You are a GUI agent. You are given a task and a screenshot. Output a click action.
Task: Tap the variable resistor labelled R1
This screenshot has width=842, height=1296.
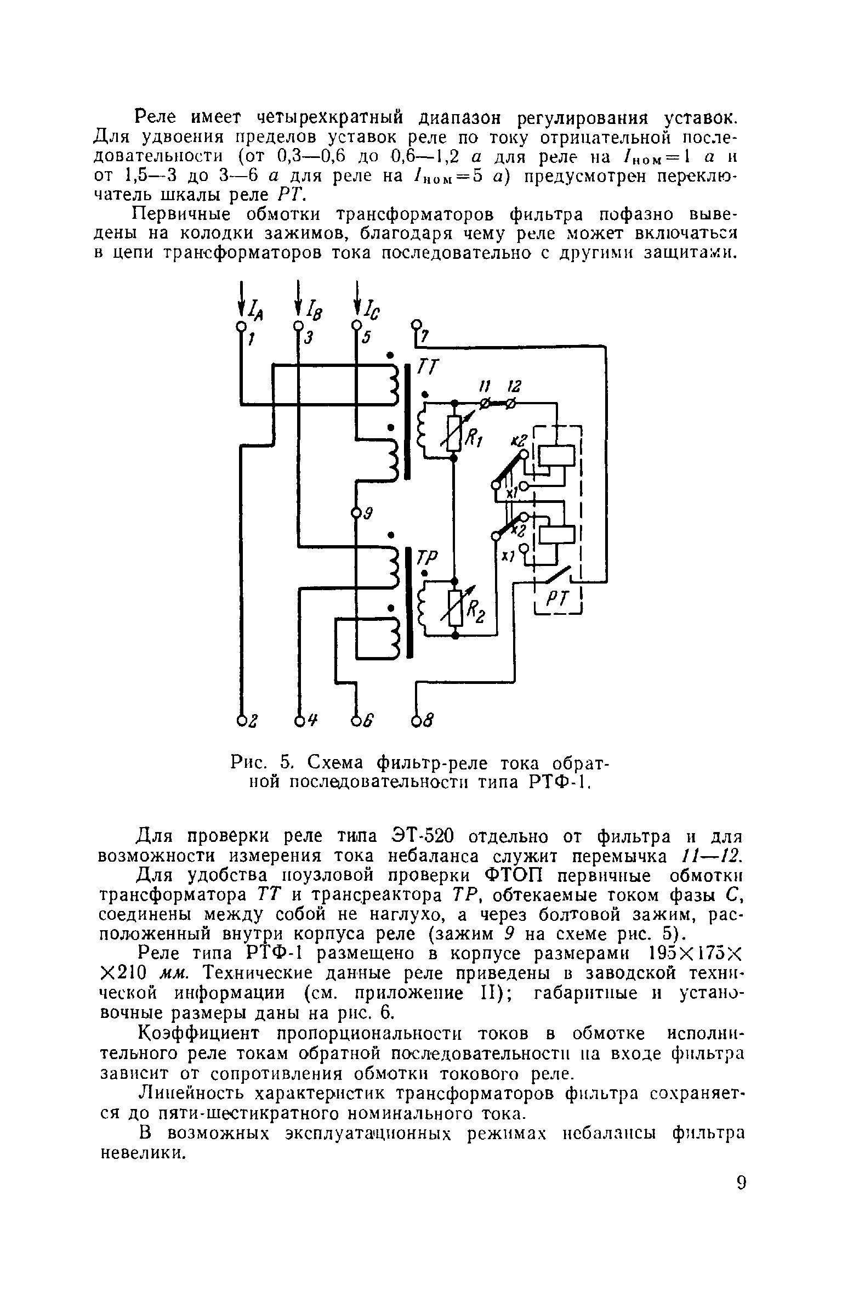[x=454, y=433]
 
